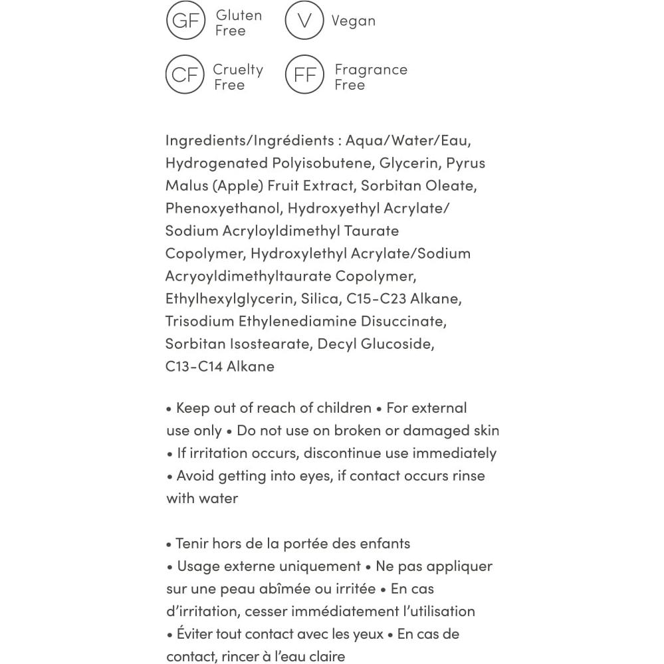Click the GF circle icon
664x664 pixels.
(x=185, y=21)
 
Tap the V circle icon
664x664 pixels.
(x=304, y=21)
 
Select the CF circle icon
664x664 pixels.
(x=185, y=75)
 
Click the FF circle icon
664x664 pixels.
(x=304, y=75)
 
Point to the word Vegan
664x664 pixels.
(x=354, y=21)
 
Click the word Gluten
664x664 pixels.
(x=239, y=15)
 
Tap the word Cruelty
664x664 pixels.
(x=238, y=70)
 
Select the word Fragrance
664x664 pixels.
(x=371, y=70)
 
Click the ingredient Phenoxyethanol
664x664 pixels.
(x=223, y=209)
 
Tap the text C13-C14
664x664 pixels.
(x=194, y=366)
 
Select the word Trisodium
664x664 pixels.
(x=199, y=321)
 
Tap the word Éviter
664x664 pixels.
(x=195, y=634)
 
